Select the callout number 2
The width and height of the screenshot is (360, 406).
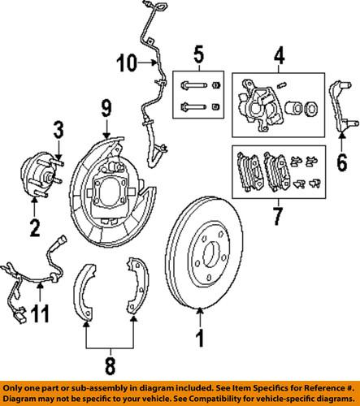click(33, 227)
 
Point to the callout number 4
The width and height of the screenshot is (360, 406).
click(278, 58)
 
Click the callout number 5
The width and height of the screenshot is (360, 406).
click(197, 58)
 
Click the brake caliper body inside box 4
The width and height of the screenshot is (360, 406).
click(259, 106)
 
